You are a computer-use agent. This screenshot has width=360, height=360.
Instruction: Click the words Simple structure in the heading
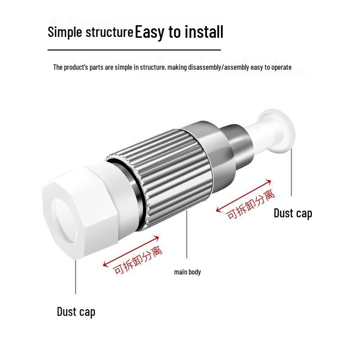tap(90, 32)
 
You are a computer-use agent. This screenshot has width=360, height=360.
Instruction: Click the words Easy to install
tap(179, 31)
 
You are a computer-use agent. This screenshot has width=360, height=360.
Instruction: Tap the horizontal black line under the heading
tap(134, 49)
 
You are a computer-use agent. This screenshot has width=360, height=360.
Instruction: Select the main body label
tap(187, 272)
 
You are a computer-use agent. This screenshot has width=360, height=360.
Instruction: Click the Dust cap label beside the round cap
tap(293, 213)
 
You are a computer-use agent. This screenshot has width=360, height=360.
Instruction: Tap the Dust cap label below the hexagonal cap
tap(76, 312)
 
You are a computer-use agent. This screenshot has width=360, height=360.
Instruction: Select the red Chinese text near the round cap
tap(250, 205)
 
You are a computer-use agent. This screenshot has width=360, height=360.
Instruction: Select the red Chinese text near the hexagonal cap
tap(138, 260)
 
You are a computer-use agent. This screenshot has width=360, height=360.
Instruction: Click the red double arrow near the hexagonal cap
tap(130, 252)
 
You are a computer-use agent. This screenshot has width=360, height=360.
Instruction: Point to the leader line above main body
tap(187, 234)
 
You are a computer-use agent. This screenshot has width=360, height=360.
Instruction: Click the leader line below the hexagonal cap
tap(76, 277)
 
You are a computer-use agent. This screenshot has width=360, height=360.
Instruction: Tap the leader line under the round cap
tap(292, 172)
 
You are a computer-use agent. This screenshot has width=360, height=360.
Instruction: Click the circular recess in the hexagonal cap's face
tap(65, 221)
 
